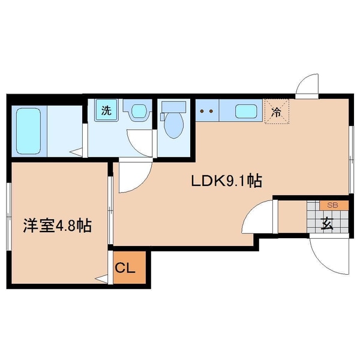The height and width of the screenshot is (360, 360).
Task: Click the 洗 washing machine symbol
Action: point(106,110)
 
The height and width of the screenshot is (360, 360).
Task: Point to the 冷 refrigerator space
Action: point(277,110)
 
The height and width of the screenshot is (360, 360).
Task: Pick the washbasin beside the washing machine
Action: point(139,111)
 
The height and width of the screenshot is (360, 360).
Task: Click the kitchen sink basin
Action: point(247,111)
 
